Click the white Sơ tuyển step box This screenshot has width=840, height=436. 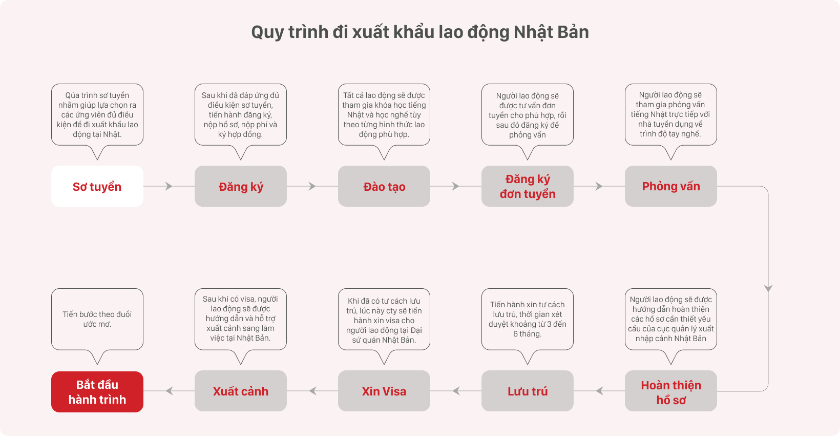pyautogui.click(x=97, y=186)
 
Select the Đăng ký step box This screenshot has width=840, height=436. pyautogui.click(x=241, y=186)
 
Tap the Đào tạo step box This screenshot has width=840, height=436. pyautogui.click(x=384, y=186)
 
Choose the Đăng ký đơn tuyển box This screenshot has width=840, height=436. pyautogui.click(x=528, y=186)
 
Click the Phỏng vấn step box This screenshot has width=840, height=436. pyautogui.click(x=671, y=186)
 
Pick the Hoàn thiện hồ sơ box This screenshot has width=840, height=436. pyautogui.click(x=671, y=391)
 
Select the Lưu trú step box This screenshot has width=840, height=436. pyautogui.click(x=528, y=391)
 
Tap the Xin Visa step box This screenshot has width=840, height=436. pyautogui.click(x=384, y=391)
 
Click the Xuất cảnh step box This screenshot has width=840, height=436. pyautogui.click(x=241, y=391)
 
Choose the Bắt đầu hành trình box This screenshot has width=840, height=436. pyautogui.click(x=97, y=392)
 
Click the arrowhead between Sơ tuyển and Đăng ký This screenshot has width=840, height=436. pyautogui.click(x=169, y=186)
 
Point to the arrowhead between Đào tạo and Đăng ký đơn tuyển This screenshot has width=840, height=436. pyautogui.click(x=456, y=186)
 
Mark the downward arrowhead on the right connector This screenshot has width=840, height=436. pyautogui.click(x=768, y=288)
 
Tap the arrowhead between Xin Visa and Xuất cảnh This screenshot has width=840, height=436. pyautogui.click(x=312, y=391)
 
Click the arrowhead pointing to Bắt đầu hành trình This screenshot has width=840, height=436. pyautogui.click(x=169, y=391)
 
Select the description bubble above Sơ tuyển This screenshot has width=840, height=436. pyautogui.click(x=97, y=115)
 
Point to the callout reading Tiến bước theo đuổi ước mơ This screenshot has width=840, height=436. pyautogui.click(x=97, y=319)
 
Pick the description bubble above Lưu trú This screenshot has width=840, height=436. pyautogui.click(x=528, y=319)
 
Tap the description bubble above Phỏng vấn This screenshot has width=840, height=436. pyautogui.click(x=671, y=115)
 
